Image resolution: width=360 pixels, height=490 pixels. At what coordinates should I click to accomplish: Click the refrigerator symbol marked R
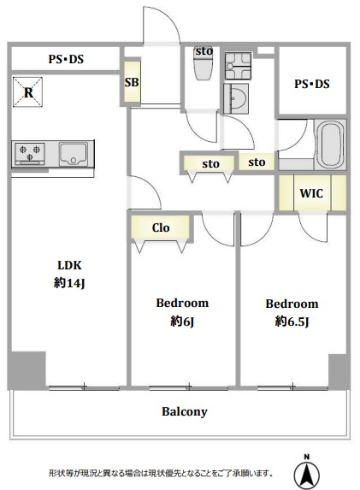coord(28,92)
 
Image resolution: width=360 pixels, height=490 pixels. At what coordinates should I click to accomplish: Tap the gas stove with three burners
coord(30,153)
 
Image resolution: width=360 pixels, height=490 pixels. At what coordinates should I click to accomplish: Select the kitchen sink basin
coord(74,155)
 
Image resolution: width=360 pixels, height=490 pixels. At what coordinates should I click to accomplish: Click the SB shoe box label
coord(132,82)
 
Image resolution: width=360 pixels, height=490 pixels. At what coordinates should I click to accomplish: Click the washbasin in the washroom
coord(236,98)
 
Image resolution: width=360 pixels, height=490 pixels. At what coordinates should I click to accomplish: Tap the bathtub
coord(331,145)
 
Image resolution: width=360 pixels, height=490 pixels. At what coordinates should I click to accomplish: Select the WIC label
coord(311,193)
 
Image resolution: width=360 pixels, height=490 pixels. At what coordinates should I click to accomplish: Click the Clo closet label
coord(161,227)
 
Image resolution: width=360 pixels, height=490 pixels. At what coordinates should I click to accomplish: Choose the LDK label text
coord(69,265)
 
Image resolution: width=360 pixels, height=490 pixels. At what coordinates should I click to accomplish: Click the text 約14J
coord(69,283)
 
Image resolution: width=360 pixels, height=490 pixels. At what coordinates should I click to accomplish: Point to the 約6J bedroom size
coord(182,321)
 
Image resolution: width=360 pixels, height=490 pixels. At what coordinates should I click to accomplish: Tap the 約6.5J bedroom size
coord(292,321)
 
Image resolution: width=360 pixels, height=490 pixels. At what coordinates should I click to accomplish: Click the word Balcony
coord(185,411)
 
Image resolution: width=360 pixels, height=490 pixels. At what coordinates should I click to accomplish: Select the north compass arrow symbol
coord(307,473)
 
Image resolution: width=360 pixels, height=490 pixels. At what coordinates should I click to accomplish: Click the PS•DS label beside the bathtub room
coord(312,84)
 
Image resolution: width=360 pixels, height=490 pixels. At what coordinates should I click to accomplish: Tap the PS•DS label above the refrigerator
coord(66,59)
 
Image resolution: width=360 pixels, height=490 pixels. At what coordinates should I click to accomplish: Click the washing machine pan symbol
coord(238,66)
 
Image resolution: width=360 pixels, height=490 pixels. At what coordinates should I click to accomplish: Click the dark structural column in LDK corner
coord(27,369)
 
